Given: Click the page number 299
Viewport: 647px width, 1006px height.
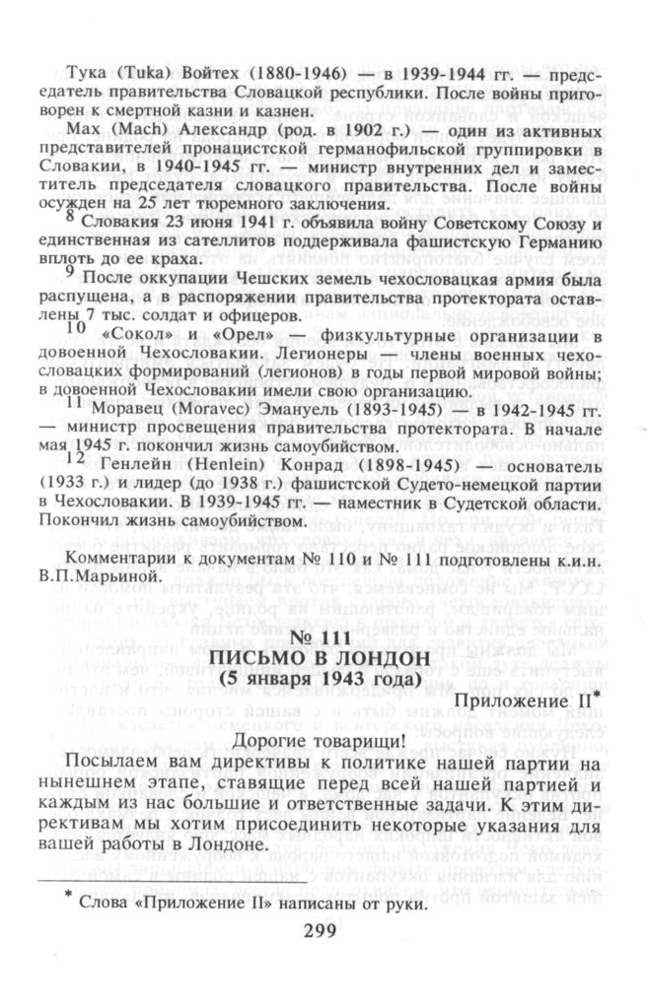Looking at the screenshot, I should (x=322, y=933).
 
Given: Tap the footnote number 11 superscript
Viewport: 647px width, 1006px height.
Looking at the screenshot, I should (x=75, y=404).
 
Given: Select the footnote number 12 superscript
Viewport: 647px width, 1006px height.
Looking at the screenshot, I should (x=75, y=459).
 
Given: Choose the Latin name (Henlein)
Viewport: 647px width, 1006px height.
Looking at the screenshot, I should (x=203, y=467).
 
